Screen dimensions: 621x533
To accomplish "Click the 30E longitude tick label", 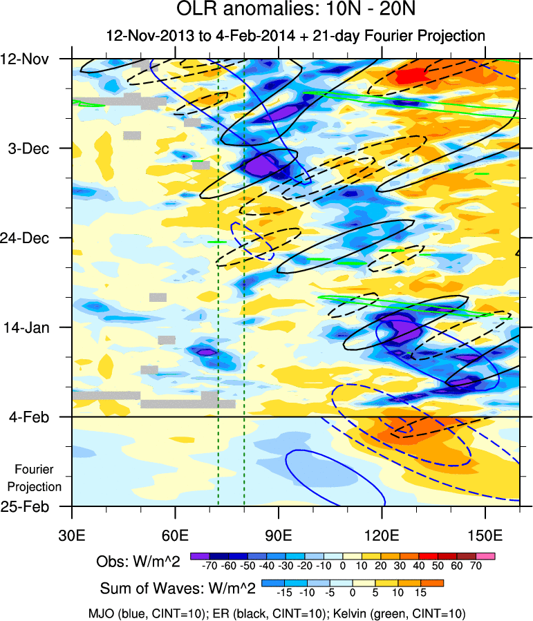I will tap(72, 535).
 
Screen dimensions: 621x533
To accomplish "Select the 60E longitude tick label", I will tap(176, 535).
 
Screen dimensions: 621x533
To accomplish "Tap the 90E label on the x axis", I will tap(279, 535).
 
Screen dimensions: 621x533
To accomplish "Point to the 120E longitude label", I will tap(382, 535).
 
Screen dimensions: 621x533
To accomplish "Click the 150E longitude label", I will tap(485, 535).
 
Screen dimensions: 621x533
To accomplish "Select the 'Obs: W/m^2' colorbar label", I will tap(138, 563).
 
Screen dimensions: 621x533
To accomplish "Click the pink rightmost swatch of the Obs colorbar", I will tap(487, 556).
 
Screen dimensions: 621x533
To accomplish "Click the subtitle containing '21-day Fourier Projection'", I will tap(296, 35).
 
